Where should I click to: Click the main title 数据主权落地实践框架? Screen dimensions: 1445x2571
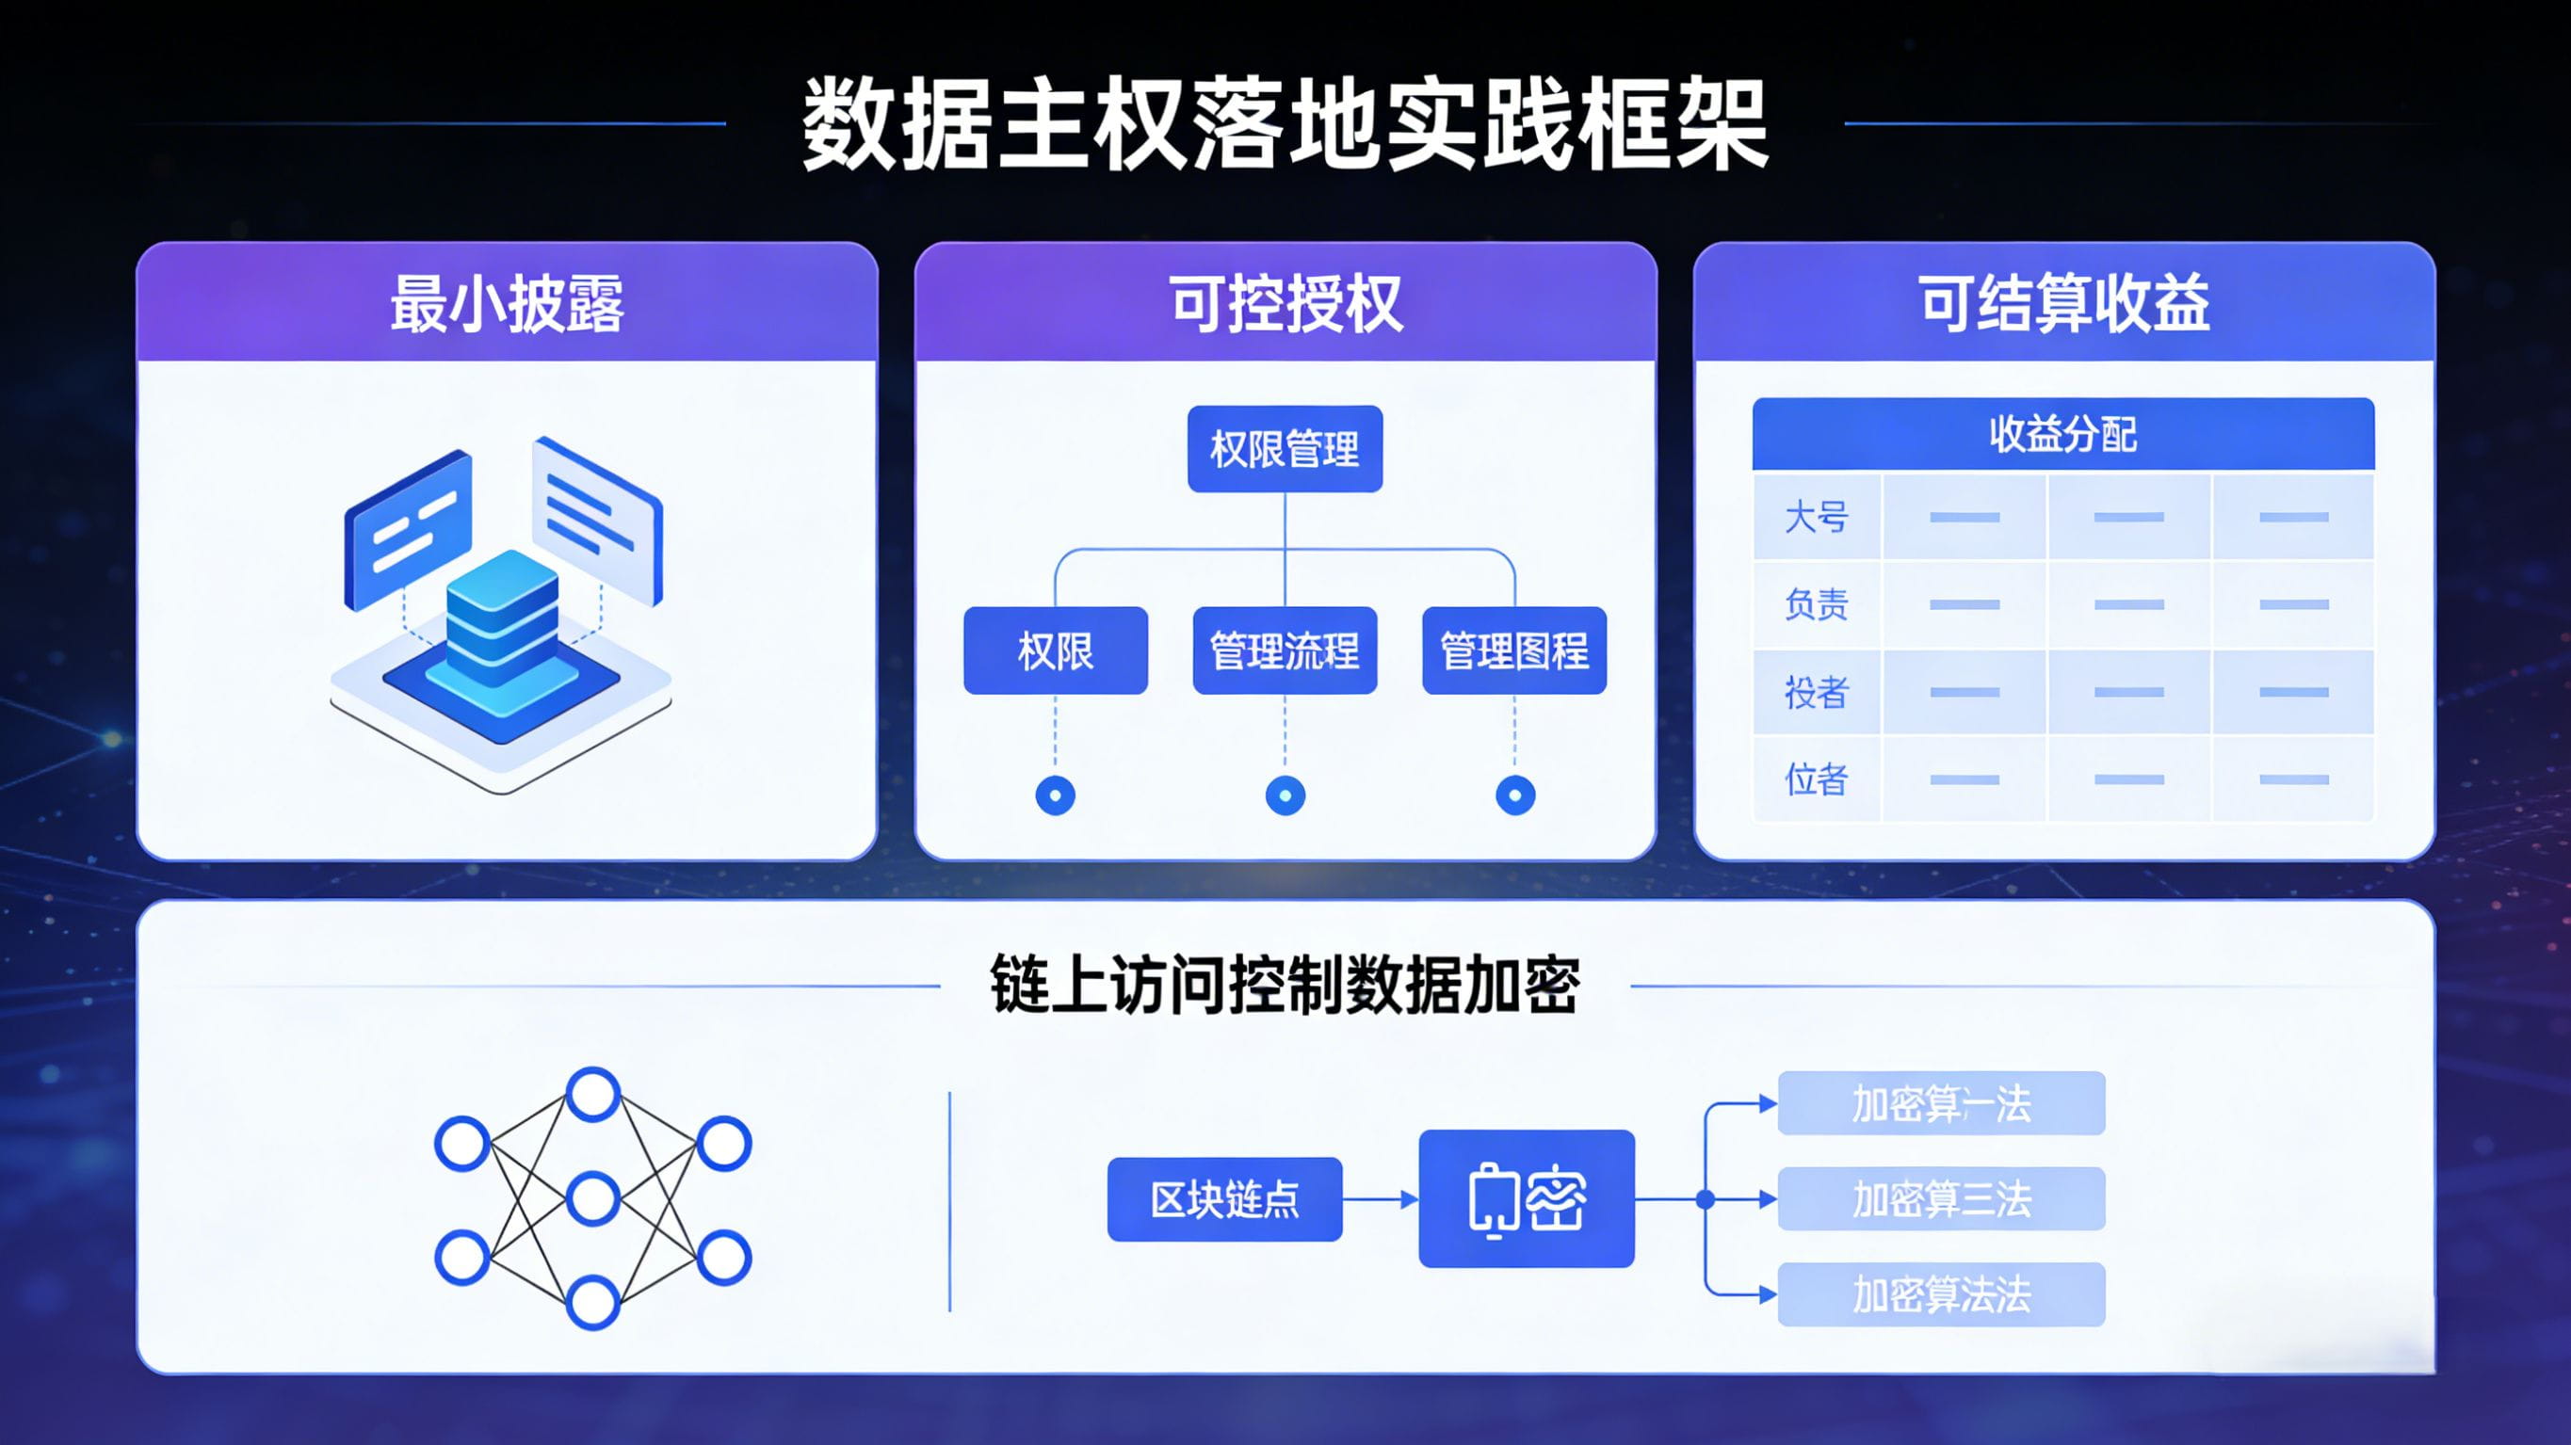click(1285, 126)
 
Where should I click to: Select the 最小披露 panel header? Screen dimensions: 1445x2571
click(507, 302)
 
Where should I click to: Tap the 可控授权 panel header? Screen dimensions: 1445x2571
click(1285, 302)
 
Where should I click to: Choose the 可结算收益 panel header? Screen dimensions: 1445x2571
click(2064, 302)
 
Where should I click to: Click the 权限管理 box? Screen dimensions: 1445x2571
click(1285, 449)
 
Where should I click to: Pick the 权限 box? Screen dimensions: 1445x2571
click(1055, 650)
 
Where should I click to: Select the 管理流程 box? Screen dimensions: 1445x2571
click(1285, 650)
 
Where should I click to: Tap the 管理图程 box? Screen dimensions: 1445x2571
click(1514, 650)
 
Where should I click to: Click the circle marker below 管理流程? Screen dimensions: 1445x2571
click(1285, 795)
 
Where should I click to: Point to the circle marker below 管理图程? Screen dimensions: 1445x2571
click(1515, 795)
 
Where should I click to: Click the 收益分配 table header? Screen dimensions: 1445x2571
click(2063, 434)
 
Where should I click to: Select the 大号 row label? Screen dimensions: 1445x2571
click(1817, 517)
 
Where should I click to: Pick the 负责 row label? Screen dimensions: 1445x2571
click(1817, 603)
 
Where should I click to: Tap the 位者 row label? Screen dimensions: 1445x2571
click(1817, 779)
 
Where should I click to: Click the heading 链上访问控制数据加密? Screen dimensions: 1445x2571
click(1285, 985)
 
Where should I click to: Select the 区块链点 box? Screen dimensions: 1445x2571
click(1224, 1198)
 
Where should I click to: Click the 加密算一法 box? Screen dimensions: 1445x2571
click(1941, 1103)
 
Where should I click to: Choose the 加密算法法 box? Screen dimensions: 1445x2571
click(1941, 1294)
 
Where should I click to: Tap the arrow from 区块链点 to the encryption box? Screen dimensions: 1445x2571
click(1381, 1198)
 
